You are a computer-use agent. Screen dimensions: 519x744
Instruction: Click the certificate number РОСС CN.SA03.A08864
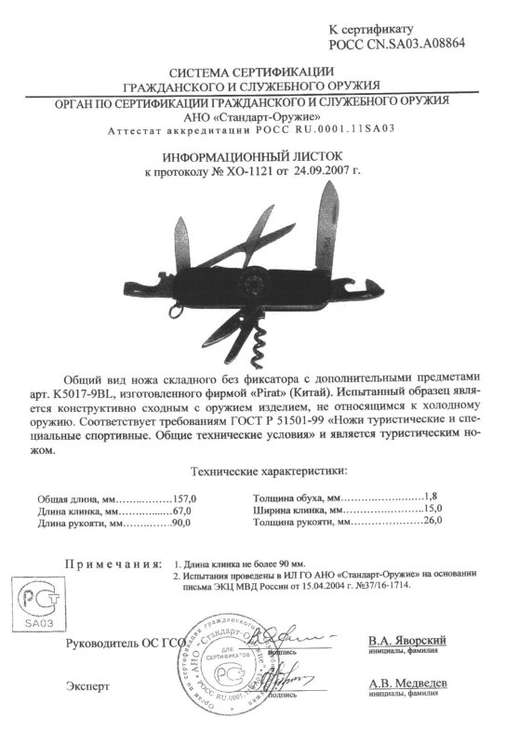(397, 44)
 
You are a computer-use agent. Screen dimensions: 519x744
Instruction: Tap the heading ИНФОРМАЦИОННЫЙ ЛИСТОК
(259, 158)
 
